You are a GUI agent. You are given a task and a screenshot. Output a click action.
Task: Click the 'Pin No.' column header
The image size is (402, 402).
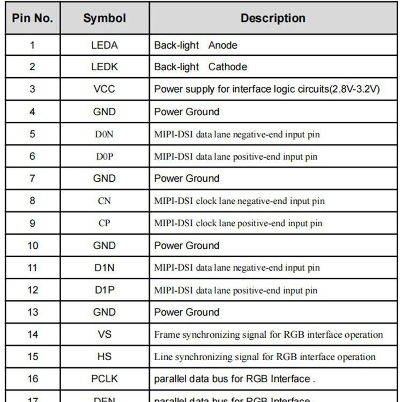click(33, 18)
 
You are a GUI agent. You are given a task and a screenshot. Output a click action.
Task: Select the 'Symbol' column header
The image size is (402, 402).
click(105, 18)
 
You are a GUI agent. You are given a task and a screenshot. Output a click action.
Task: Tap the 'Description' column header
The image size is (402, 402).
click(273, 18)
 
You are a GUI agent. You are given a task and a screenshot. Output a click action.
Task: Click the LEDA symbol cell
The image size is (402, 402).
click(105, 45)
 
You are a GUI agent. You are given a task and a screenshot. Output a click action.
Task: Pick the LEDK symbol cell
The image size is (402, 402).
click(105, 67)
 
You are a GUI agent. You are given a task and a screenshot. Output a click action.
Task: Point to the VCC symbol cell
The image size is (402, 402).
click(105, 89)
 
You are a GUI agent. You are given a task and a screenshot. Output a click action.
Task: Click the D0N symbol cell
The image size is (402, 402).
click(105, 134)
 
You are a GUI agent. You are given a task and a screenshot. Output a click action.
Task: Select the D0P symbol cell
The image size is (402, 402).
click(105, 157)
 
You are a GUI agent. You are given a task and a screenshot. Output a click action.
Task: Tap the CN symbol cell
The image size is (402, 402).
click(105, 201)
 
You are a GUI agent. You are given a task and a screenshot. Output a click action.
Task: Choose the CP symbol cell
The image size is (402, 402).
click(105, 223)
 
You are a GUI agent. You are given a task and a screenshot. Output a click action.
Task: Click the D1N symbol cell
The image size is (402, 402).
click(105, 267)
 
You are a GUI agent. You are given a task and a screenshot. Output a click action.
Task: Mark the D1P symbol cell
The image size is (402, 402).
click(105, 290)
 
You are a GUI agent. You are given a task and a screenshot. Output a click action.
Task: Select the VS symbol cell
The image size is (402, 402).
click(105, 334)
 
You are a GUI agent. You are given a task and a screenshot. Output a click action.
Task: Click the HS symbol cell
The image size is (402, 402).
click(105, 356)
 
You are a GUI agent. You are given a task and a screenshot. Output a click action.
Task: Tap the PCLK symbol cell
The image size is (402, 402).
click(105, 379)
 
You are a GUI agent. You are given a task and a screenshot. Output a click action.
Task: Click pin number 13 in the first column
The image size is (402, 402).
click(33, 312)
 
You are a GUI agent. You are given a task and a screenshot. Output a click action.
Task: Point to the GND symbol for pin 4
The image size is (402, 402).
click(105, 111)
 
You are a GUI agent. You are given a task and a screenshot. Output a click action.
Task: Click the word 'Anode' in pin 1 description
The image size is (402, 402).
click(222, 45)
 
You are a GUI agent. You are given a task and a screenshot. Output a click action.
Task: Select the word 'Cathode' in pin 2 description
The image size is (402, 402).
click(228, 67)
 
